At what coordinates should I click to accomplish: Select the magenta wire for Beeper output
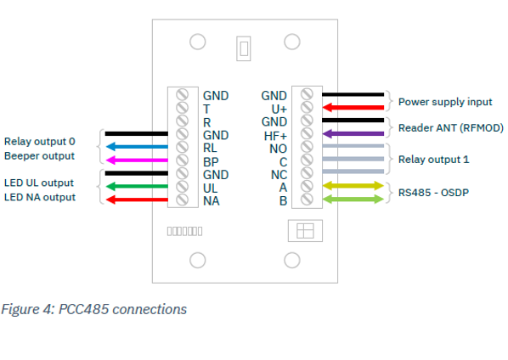click(136, 160)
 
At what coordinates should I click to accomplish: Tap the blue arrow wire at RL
click(136, 146)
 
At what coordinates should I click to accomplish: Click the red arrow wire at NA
click(136, 200)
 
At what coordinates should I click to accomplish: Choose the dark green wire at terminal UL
click(136, 186)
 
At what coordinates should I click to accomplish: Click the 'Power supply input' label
click(445, 102)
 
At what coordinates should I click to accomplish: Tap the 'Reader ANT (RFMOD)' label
click(450, 127)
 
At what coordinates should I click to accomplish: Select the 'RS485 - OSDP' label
click(433, 192)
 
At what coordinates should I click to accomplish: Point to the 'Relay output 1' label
click(433, 159)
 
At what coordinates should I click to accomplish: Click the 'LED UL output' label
click(39, 183)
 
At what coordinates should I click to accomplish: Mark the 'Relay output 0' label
click(39, 142)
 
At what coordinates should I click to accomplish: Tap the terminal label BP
click(212, 161)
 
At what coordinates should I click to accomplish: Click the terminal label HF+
click(274, 135)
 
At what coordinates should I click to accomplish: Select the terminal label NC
click(278, 174)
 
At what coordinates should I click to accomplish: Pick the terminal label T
click(206, 110)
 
